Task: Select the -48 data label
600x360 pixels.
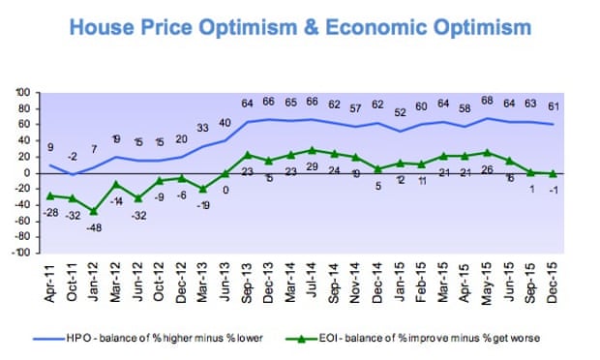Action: pyautogui.click(x=93, y=228)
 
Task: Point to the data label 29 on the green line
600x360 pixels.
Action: pyautogui.click(x=312, y=168)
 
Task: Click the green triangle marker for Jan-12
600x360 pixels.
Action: pyautogui.click(x=93, y=211)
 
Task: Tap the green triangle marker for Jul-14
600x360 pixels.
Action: pyautogui.click(x=312, y=150)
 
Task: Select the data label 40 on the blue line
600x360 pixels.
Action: pyautogui.click(x=225, y=123)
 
